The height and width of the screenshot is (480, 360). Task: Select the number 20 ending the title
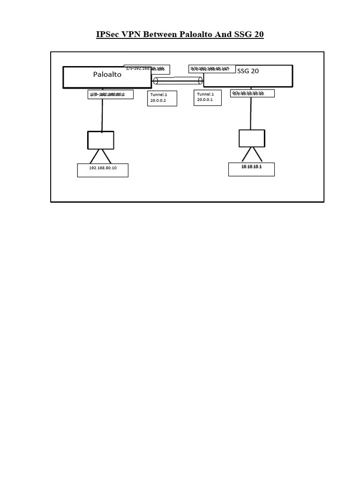tap(258, 35)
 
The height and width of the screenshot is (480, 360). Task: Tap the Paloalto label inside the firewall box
tap(107, 75)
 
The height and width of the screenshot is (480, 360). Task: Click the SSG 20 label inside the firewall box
tap(248, 71)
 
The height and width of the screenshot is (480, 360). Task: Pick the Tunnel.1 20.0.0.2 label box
tap(162, 98)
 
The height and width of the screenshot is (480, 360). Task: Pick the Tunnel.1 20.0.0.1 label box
tap(208, 97)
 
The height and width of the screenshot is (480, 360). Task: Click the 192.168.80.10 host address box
tap(103, 170)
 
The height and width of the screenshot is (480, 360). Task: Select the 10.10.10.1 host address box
tap(251, 169)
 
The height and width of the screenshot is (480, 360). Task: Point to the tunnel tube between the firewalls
tap(178, 81)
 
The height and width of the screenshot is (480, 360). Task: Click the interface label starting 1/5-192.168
tap(147, 69)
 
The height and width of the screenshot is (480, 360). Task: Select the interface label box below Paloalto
tap(111, 95)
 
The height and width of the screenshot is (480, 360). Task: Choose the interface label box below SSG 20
tap(252, 93)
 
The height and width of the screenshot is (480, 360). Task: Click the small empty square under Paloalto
tap(101, 140)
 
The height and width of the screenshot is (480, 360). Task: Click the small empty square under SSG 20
tap(252, 138)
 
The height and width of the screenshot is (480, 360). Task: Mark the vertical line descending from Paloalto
tap(102, 115)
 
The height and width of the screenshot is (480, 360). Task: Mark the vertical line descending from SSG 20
tap(251, 113)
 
